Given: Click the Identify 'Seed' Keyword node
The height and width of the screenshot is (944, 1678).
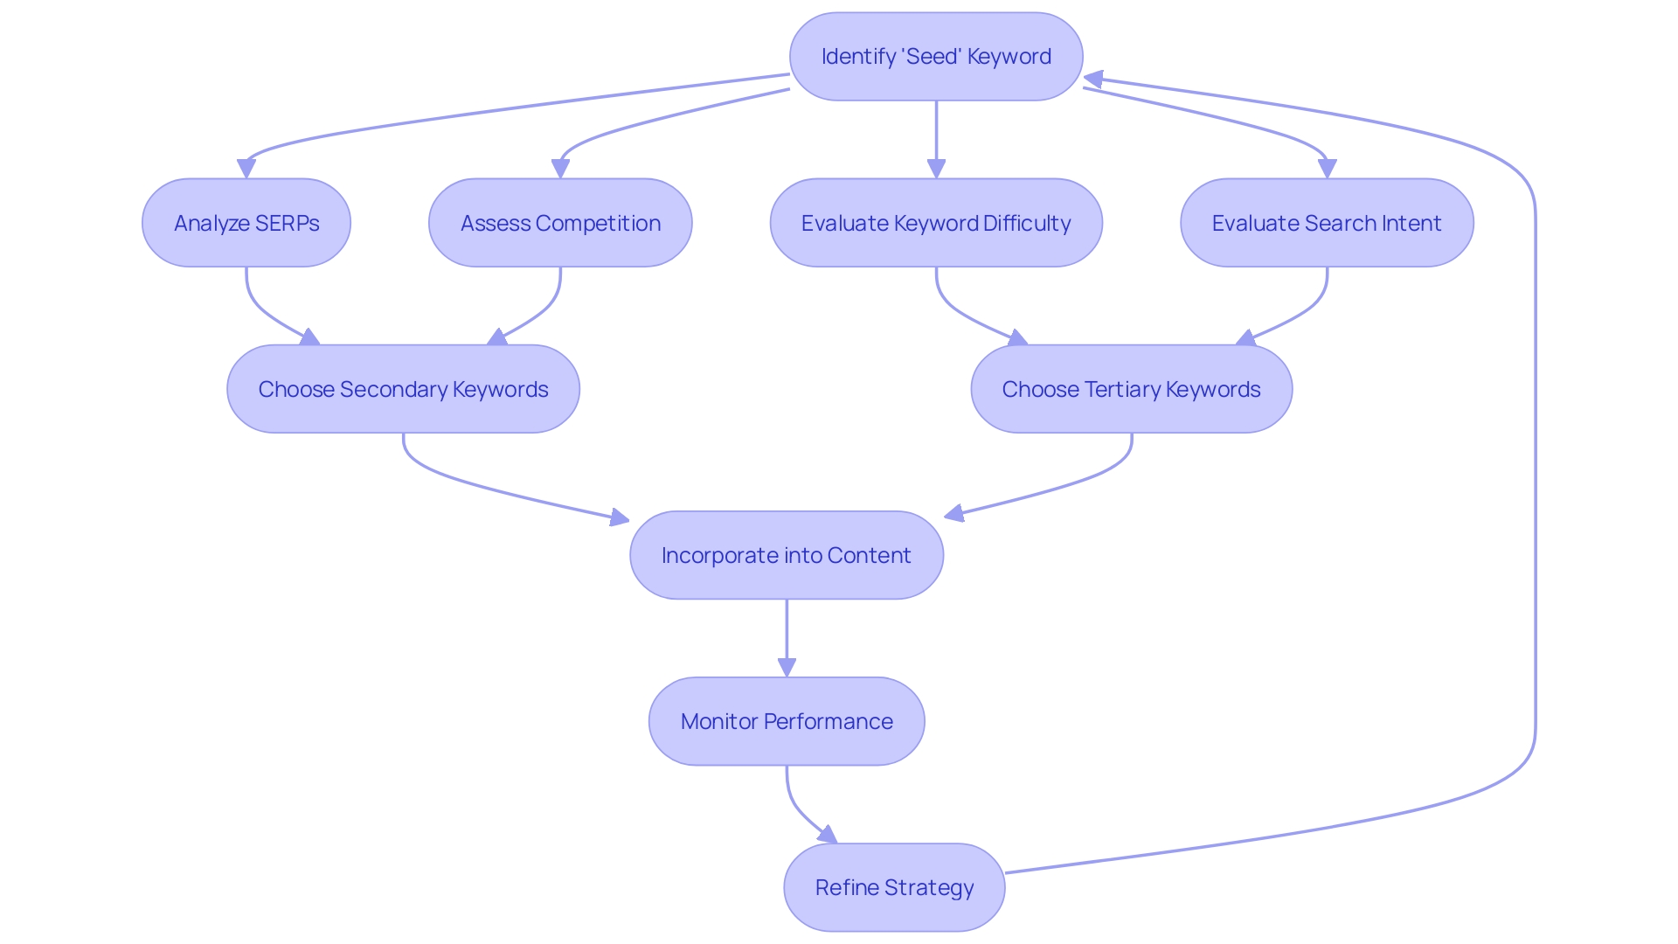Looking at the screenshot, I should (936, 57).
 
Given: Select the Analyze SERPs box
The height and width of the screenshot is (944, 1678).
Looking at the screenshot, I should (246, 223).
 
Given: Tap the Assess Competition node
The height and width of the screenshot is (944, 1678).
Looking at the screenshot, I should (560, 223).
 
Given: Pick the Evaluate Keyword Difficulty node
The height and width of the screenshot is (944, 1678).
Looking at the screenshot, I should (936, 223).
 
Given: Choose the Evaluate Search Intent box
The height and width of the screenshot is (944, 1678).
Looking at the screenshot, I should (1327, 223).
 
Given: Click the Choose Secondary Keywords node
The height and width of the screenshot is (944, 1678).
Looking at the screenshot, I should (403, 389).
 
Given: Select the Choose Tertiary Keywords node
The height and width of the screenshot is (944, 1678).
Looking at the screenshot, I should (1131, 389).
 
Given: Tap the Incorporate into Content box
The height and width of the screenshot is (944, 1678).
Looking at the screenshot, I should (787, 555).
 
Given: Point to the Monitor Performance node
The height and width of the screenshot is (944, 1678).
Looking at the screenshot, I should (787, 721).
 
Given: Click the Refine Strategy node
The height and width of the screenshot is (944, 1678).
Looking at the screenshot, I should (894, 887).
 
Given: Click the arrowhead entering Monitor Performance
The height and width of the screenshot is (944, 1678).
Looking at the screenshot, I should (787, 667).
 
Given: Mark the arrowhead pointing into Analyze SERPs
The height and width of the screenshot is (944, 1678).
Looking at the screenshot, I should (246, 169).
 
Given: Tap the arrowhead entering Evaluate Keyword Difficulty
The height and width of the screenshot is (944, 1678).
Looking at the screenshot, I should (936, 169).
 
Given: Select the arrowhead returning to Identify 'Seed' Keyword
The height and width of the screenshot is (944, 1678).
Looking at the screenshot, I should (1093, 80).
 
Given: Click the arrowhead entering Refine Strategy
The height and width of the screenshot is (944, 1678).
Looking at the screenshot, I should (827, 836).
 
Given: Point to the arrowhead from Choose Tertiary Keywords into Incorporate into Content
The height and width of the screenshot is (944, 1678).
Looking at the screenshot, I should (954, 514).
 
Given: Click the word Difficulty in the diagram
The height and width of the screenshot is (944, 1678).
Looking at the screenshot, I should (1027, 223).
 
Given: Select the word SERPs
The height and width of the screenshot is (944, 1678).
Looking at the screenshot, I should (288, 223).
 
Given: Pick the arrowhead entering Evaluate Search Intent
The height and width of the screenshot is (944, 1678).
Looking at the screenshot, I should (1327, 169).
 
